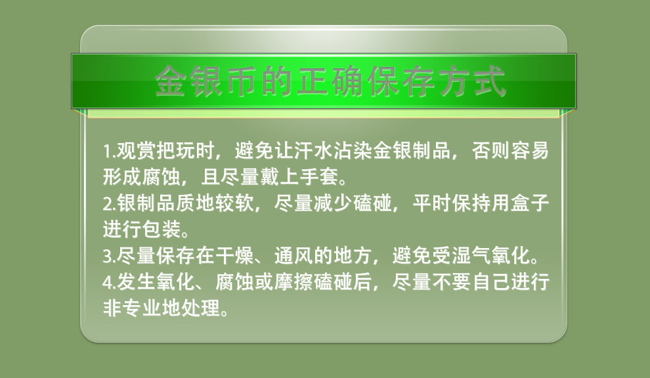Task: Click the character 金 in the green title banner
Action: (x=170, y=81)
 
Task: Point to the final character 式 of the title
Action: (x=490, y=81)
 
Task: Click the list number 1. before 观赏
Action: (x=109, y=152)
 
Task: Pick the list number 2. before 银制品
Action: (x=110, y=203)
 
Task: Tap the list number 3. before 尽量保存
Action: (x=110, y=256)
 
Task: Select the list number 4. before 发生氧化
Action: (x=110, y=282)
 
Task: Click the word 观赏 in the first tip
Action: (x=135, y=150)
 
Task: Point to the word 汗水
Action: (x=313, y=150)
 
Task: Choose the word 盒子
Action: (x=530, y=203)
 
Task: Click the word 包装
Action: (x=162, y=229)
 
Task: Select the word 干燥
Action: (x=234, y=255)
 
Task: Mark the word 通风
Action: (x=294, y=255)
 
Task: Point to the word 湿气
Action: (x=471, y=255)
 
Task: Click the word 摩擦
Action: (x=294, y=282)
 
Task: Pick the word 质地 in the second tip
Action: (x=195, y=203)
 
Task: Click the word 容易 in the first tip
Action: (x=530, y=150)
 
